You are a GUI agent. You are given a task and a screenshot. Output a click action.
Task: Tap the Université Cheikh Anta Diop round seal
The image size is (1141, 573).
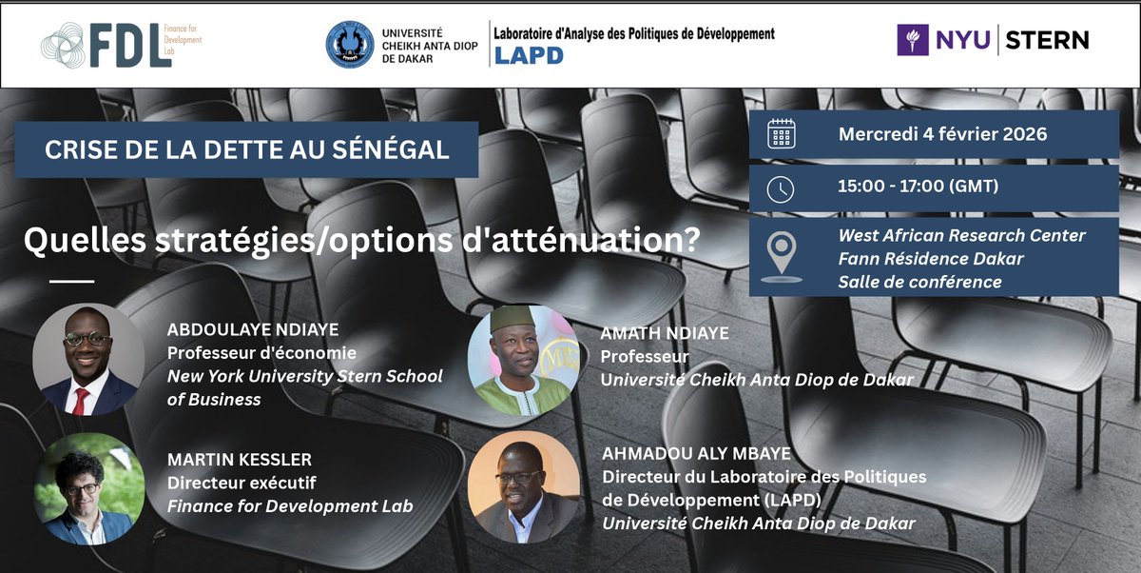[349, 45]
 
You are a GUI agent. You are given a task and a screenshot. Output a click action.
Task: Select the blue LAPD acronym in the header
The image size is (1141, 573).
[529, 55]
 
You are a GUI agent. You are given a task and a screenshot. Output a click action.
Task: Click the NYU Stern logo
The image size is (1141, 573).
[993, 40]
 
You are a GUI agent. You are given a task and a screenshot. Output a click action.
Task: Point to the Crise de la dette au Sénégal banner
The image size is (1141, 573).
[246, 149]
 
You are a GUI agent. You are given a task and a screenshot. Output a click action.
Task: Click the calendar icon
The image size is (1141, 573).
[781, 134]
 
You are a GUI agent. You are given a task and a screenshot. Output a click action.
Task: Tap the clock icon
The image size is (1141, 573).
[781, 188]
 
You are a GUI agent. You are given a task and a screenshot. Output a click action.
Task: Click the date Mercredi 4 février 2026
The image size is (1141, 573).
[942, 134]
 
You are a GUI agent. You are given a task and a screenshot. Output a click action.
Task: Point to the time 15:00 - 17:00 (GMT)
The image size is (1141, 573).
[918, 188]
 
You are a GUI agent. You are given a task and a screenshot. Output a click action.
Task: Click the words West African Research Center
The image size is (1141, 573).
[961, 235]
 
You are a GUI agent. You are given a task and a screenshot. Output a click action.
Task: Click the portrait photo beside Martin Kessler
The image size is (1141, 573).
[89, 489]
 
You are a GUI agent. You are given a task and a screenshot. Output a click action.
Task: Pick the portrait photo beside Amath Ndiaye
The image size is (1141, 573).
[523, 360]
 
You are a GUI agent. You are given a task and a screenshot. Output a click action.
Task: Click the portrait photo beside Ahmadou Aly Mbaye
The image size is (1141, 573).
[524, 487]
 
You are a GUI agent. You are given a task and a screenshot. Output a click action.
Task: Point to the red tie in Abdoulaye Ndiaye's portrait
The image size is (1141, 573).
[81, 401]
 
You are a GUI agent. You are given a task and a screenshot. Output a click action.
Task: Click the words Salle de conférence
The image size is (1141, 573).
[919, 281]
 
